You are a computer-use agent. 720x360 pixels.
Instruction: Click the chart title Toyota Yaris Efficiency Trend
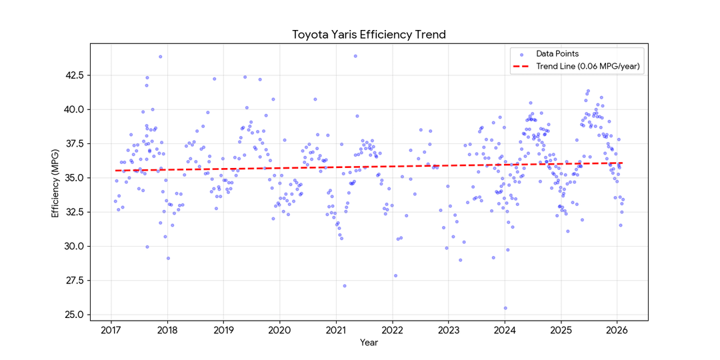[369, 34]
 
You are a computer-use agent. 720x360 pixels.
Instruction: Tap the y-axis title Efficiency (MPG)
[55, 182]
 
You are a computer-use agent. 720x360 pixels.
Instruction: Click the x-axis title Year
[369, 341]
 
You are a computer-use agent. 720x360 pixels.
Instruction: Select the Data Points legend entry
[557, 53]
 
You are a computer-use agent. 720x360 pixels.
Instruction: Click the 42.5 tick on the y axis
[74, 75]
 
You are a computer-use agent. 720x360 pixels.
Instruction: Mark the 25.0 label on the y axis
[74, 315]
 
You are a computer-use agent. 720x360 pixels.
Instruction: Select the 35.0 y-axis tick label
[74, 178]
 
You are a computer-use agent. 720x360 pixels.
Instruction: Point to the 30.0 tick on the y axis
[74, 246]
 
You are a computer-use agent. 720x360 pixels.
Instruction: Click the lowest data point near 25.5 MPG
[505, 308]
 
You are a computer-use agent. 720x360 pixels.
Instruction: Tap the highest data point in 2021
[355, 56]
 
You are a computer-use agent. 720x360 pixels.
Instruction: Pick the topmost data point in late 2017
[160, 57]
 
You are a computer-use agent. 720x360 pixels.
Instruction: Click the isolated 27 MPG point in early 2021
[345, 286]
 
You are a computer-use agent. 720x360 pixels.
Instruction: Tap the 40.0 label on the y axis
[74, 109]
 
